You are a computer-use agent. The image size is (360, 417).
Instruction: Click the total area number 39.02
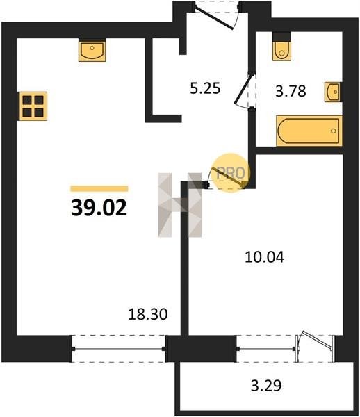coord(99,208)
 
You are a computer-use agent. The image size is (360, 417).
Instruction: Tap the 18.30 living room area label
coord(148,314)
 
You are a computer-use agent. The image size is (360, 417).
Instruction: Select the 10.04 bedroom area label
coord(264,257)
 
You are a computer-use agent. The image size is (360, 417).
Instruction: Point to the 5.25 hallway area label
coord(205,88)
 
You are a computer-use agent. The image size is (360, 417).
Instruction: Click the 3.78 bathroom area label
coord(291,91)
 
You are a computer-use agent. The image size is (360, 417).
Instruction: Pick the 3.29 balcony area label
coord(266,386)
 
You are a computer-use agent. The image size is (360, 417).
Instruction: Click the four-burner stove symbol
coord(33,106)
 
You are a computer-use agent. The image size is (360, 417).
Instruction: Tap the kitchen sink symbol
coord(92,50)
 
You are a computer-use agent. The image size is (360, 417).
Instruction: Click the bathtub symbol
coord(309,131)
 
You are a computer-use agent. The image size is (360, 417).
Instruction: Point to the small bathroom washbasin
coord(333,92)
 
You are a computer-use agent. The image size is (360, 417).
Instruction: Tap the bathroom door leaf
coord(243,90)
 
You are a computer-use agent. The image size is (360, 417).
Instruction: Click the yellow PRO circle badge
coord(231,172)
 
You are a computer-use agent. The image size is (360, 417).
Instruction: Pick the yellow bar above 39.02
coord(99,188)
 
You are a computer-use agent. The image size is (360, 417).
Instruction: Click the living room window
coord(119,349)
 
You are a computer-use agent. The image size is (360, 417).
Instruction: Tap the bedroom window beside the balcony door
coord(266,349)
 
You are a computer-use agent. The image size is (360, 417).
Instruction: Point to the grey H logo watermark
coord(180,205)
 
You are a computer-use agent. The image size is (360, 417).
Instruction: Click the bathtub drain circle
coord(333,131)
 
